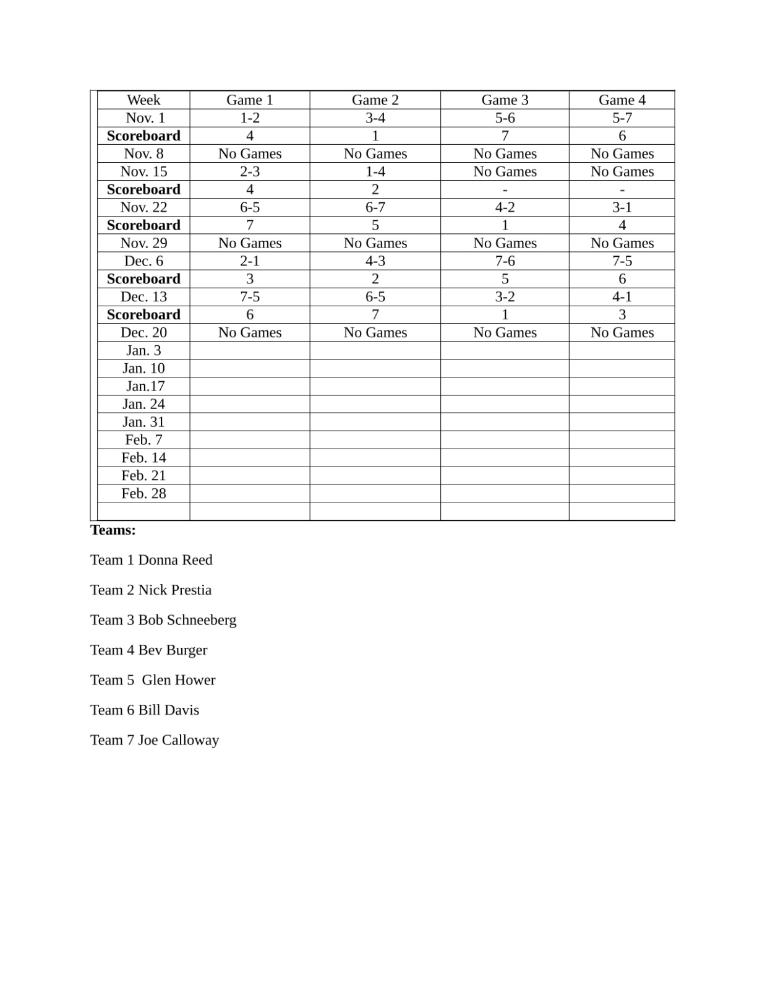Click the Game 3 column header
505,100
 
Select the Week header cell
143,100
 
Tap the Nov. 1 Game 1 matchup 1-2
250,118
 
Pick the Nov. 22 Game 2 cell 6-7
375,207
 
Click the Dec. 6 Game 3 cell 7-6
505,261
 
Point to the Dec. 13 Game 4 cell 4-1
622,297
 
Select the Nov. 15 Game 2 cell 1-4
375,171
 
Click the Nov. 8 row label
143,154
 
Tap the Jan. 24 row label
143,404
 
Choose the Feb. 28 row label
143,494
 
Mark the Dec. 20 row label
143,333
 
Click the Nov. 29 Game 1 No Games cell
250,243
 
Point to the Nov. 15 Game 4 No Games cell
622,171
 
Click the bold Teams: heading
113,530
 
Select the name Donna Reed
175,560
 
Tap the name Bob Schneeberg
187,620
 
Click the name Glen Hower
179,680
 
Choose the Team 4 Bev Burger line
148,650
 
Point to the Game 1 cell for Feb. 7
250,440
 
